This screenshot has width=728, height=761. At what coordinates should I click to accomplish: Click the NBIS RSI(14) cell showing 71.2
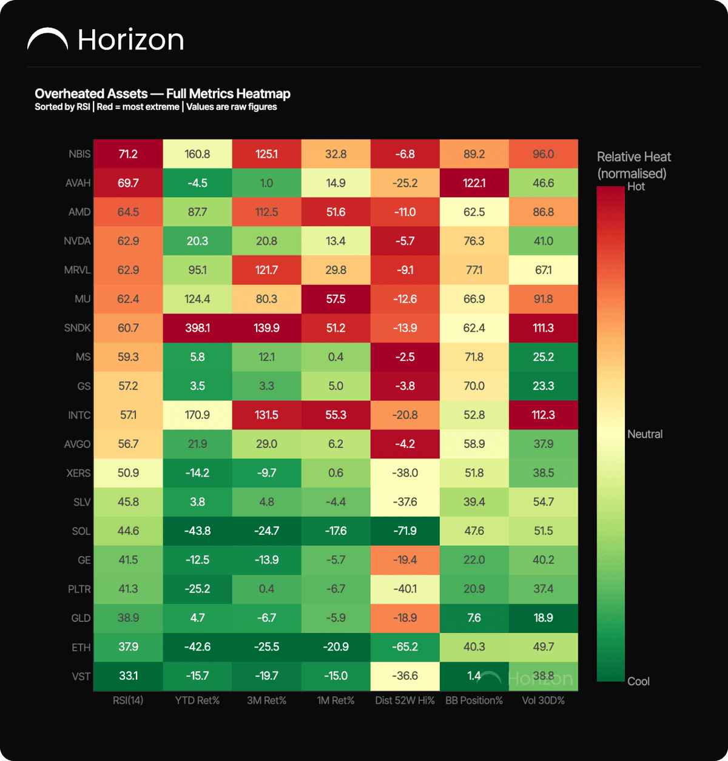pyautogui.click(x=128, y=154)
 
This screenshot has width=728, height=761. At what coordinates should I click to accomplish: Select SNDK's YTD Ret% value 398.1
pyautogui.click(x=197, y=327)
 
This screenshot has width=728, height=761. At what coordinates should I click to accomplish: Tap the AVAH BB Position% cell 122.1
pyautogui.click(x=474, y=183)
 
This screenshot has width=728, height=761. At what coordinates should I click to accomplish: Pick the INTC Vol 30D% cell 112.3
pyautogui.click(x=544, y=415)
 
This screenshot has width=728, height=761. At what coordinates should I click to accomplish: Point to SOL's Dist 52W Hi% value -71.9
pyautogui.click(x=405, y=531)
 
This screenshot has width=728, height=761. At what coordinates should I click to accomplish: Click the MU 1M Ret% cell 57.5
pyautogui.click(x=335, y=299)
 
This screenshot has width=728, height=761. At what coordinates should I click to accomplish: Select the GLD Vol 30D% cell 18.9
pyautogui.click(x=544, y=618)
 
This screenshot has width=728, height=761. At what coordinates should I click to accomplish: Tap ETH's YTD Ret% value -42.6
pyautogui.click(x=197, y=647)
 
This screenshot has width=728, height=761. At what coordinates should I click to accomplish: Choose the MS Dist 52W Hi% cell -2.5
pyautogui.click(x=405, y=357)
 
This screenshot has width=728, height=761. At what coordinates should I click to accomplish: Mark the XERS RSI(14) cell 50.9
pyautogui.click(x=128, y=473)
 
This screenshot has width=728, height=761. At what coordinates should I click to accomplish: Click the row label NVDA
pyautogui.click(x=77, y=241)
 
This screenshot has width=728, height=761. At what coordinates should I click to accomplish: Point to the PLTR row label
pyautogui.click(x=79, y=589)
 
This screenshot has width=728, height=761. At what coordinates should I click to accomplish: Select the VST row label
pyautogui.click(x=81, y=676)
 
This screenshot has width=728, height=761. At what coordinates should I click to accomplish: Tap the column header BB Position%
pyautogui.click(x=474, y=700)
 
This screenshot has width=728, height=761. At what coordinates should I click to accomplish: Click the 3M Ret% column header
pyautogui.click(x=266, y=700)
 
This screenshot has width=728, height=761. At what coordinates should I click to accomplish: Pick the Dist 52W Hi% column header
pyautogui.click(x=405, y=700)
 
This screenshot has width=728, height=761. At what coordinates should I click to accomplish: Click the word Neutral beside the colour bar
pyautogui.click(x=645, y=434)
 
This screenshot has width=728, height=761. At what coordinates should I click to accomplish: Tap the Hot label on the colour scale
pyautogui.click(x=636, y=187)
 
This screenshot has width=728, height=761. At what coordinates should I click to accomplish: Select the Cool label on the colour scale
pyautogui.click(x=638, y=681)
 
